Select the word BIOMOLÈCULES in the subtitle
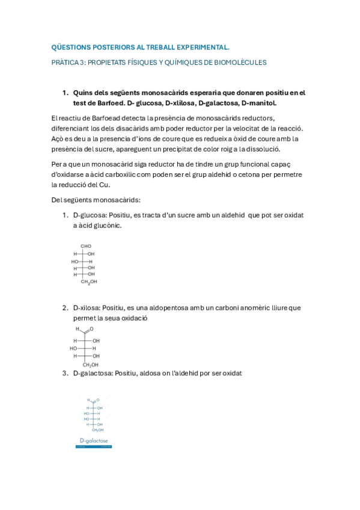click(240, 62)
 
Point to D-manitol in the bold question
click(258, 103)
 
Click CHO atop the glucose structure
click(86, 246)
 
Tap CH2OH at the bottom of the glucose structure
click(89, 281)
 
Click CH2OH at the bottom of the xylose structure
click(91, 364)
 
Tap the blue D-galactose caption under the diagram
click(94, 441)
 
